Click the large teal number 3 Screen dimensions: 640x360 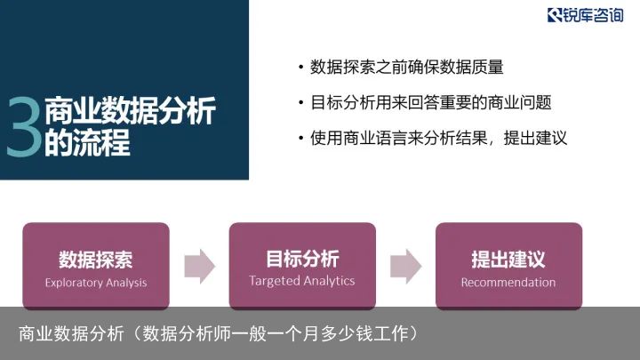25,127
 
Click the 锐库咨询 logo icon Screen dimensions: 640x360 555,15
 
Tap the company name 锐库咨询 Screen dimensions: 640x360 593,15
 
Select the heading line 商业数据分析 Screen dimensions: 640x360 130,110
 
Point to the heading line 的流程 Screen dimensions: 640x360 87,142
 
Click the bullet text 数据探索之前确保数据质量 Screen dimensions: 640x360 406,67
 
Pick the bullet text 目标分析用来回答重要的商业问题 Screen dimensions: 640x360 430,102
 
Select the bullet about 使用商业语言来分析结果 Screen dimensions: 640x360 438,138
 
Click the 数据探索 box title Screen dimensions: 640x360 95,260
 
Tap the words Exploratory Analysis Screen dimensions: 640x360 96,283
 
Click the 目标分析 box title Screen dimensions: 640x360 302,259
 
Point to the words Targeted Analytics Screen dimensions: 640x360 302,281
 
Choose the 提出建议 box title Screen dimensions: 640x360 508,260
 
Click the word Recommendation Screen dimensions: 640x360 508,282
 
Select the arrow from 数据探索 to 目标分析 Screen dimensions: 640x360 200,267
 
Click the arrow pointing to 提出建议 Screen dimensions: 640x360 406,267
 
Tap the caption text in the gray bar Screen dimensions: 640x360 220,333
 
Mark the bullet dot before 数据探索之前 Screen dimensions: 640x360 300,68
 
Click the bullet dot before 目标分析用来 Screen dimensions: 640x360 300,102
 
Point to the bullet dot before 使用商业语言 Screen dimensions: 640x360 300,138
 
